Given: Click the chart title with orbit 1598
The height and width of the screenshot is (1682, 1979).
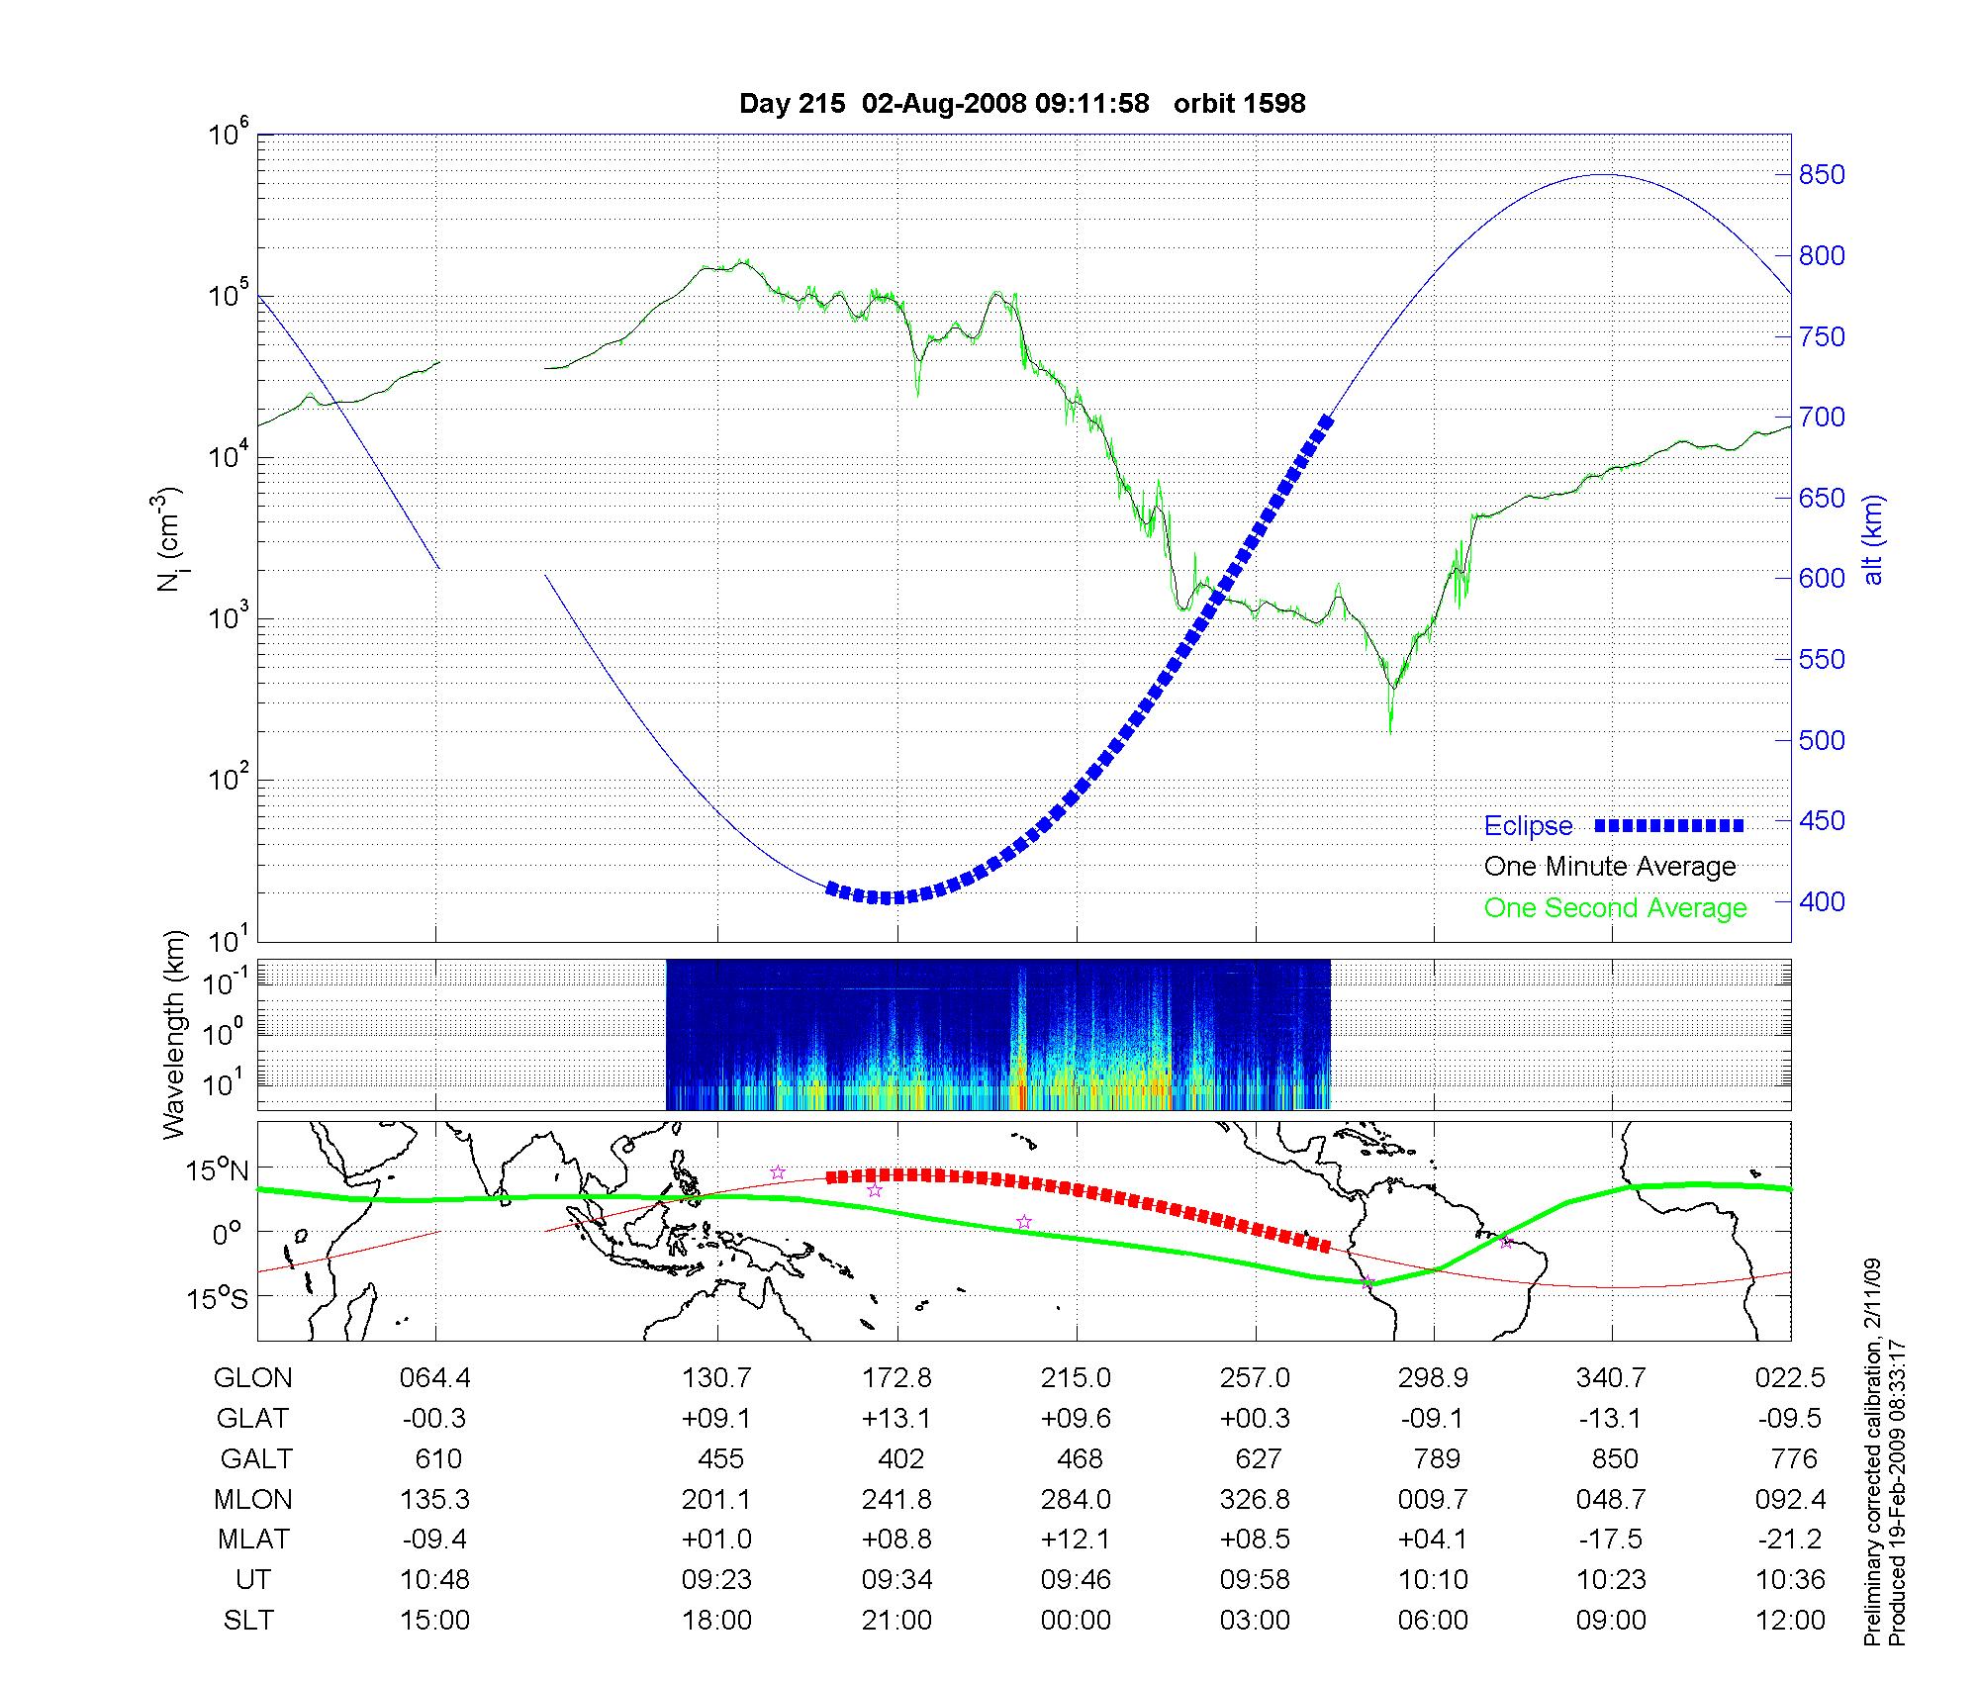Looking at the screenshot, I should [x=1022, y=103].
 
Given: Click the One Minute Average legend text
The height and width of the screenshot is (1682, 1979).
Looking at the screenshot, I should [x=1610, y=867].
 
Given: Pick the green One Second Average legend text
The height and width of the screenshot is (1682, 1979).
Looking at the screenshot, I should [x=1615, y=908].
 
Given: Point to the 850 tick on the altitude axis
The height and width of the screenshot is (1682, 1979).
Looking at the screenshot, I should [x=1822, y=175].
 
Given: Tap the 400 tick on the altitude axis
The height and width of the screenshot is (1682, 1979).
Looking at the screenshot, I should [x=1822, y=901].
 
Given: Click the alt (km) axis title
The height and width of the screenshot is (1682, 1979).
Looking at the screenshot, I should [x=1873, y=539].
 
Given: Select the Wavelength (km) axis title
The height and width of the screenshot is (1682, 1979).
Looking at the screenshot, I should [x=174, y=1034].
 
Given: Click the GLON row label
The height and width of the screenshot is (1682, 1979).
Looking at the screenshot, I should [x=252, y=1377].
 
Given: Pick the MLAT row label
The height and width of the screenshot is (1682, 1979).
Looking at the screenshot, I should [x=252, y=1540].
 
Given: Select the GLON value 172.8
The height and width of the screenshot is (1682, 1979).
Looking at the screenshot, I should [x=896, y=1377].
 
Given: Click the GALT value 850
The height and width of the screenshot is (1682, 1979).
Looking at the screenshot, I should [x=1613, y=1458].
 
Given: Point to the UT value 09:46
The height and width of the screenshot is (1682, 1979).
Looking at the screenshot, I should [x=1076, y=1580].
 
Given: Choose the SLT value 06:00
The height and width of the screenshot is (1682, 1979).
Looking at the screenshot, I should [x=1433, y=1621].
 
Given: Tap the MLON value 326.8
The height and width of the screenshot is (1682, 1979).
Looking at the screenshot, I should [x=1255, y=1499].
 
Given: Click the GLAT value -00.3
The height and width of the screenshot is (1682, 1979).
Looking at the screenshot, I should [x=434, y=1418].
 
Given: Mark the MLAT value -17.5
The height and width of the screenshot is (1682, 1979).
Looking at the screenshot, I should [x=1613, y=1540].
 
